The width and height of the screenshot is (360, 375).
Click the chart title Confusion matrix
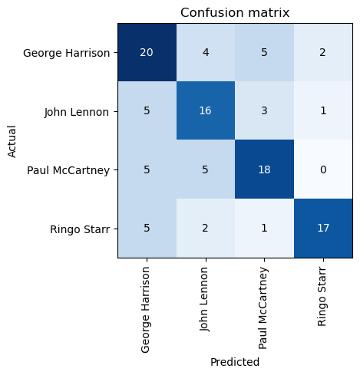[x=235, y=12]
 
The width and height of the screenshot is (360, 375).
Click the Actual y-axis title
[x=12, y=141]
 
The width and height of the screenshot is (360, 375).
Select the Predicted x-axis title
[x=235, y=362]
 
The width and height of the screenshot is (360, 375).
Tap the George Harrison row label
[x=66, y=53]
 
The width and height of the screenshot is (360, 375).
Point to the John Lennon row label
[x=77, y=112]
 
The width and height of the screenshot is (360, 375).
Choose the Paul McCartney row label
[x=68, y=170]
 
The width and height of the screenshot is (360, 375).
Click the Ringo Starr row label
[x=80, y=229]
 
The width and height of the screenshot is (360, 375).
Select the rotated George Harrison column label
[x=145, y=310]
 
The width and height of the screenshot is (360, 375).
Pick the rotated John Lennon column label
[x=204, y=299]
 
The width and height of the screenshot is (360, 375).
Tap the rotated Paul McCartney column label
[x=263, y=308]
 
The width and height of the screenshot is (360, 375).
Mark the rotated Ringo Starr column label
[x=322, y=297]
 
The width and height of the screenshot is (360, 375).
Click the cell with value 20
[x=147, y=52]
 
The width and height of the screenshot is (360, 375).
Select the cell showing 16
[x=206, y=110]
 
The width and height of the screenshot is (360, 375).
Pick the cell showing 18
[x=265, y=169]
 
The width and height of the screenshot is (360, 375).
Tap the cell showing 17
[x=323, y=228]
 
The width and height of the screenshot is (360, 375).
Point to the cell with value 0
[x=323, y=169]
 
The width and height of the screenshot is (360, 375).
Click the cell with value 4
[x=206, y=52]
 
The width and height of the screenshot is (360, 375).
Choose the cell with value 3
[x=265, y=110]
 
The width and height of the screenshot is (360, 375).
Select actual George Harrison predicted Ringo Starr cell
[x=323, y=52]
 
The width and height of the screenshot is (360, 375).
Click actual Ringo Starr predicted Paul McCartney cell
[x=265, y=228]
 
